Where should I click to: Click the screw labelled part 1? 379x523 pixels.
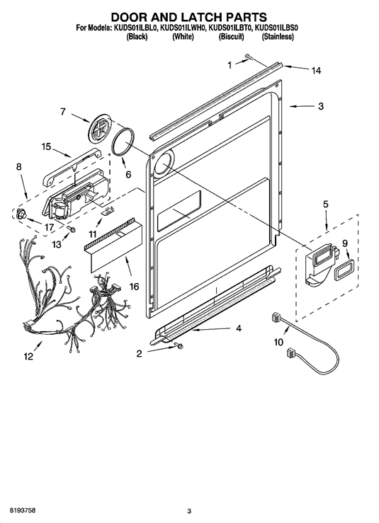(249, 57)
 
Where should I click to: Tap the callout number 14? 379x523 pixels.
(316, 70)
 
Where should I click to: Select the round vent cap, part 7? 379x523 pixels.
(100, 127)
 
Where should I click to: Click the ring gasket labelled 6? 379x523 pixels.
(123, 142)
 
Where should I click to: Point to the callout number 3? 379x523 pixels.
(321, 106)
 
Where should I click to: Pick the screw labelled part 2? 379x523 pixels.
(179, 345)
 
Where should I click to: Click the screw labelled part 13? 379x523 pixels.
(71, 229)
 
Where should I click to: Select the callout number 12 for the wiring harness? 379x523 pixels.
(28, 356)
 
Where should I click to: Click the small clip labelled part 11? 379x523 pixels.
(108, 210)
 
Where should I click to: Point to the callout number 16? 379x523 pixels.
(134, 286)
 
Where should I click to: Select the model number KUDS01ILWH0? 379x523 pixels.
(183, 28)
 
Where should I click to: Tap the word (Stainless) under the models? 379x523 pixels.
(278, 37)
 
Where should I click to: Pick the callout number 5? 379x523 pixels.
(326, 204)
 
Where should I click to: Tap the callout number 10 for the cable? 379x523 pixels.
(278, 342)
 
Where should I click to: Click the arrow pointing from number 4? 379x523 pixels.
(211, 330)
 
